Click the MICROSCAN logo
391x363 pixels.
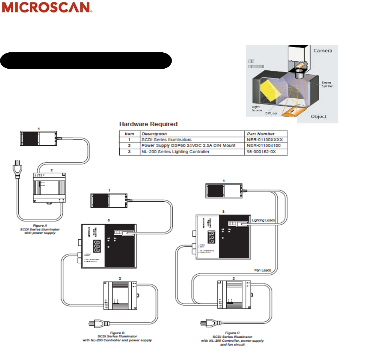click(x=47, y=8)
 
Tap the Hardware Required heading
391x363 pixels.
click(x=148, y=124)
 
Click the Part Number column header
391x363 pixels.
click(x=261, y=134)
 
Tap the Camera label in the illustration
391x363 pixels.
click(x=322, y=51)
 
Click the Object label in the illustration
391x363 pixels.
click(x=318, y=117)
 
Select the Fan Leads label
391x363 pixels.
click(x=263, y=270)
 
